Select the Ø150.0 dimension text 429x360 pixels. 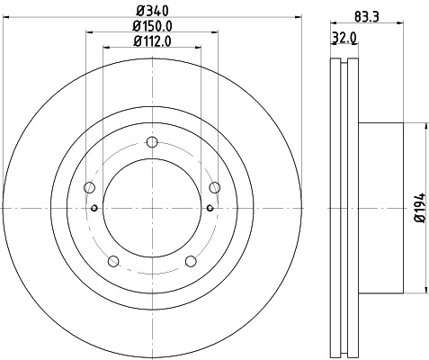151,25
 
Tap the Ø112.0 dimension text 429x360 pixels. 151,40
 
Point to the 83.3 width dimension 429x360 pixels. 363,15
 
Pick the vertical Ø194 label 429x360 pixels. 419,208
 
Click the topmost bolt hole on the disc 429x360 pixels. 151,141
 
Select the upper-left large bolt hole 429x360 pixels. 89,187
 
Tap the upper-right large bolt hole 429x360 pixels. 214,187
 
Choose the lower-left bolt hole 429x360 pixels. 112,261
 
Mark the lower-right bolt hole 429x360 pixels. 191,261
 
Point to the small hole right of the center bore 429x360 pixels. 210,208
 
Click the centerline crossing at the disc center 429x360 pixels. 151,208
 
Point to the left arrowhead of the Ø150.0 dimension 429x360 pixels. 89,32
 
